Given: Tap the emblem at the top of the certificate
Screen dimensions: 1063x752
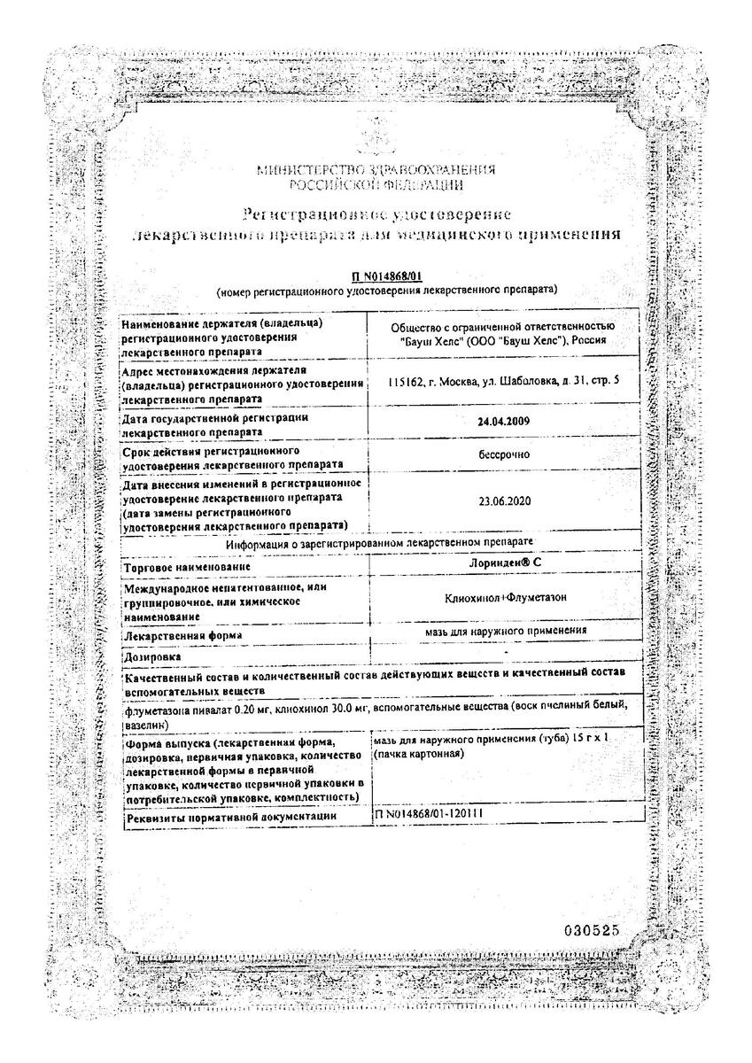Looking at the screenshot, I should (376, 137).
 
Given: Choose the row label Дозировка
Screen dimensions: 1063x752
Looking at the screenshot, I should (152, 657).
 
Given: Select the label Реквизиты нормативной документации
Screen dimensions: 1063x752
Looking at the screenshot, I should (230, 815).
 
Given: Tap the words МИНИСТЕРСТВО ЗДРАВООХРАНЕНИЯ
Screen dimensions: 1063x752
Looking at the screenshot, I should (376, 171).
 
